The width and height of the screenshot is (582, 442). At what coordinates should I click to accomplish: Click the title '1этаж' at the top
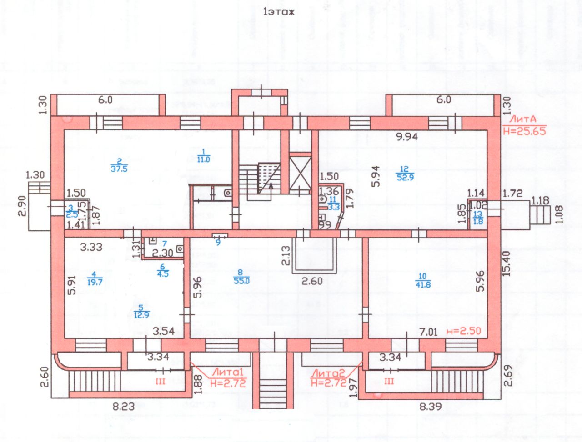pos(279,12)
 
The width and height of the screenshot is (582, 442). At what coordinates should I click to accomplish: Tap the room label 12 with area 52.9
pos(405,174)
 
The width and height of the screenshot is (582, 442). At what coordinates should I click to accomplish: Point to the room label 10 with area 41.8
pos(423,280)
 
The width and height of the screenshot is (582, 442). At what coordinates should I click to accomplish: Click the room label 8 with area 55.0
pos(241,277)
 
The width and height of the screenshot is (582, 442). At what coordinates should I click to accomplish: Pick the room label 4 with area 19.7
pos(94,278)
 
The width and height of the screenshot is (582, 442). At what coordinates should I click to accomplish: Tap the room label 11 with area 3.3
pos(333,203)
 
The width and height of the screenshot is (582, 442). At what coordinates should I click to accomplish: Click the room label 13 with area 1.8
pos(478,218)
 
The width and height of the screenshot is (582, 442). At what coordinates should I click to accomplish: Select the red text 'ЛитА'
pos(522,119)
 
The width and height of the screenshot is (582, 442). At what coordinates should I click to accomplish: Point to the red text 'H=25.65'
pos(524,131)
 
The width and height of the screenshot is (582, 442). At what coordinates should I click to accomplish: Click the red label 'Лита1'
pos(228,372)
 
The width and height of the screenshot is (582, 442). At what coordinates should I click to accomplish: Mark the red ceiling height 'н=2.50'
pos(463,331)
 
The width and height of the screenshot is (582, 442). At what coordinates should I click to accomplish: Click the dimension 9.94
pos(406,136)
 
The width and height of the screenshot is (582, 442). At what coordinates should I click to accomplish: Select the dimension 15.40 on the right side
pos(506,264)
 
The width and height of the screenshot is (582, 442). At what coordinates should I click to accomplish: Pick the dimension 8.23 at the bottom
pos(124,406)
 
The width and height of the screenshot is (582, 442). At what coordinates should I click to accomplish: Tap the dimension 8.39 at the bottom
pos(430,406)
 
